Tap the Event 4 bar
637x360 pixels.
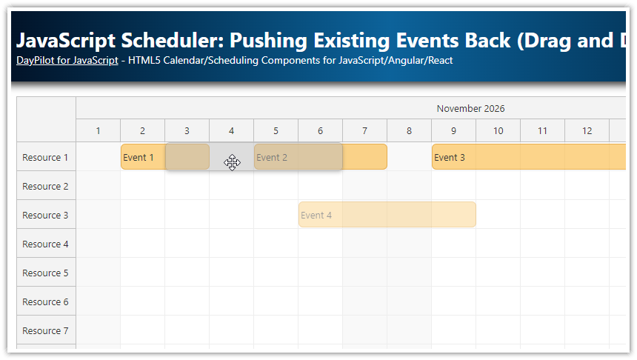(387, 215)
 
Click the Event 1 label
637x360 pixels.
(139, 157)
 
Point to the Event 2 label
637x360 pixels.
(272, 157)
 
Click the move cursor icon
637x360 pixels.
(233, 162)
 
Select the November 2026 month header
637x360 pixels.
(470, 108)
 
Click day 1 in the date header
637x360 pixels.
(98, 131)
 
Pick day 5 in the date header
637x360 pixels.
(276, 131)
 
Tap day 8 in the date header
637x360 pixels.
(409, 131)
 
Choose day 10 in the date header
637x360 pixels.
(498, 131)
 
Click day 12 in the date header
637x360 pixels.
(587, 131)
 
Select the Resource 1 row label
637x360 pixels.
(45, 157)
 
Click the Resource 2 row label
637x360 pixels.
(45, 186)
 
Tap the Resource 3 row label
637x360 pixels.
(45, 215)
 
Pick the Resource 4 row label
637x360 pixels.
(45, 244)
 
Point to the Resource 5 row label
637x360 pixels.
(45, 273)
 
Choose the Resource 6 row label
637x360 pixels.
(45, 301)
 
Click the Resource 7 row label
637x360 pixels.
(45, 330)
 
